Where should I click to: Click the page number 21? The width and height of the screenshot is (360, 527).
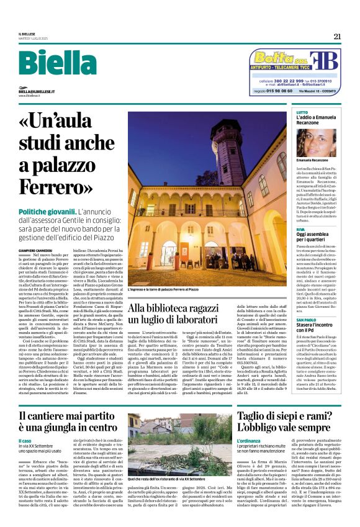tap(337, 36)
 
